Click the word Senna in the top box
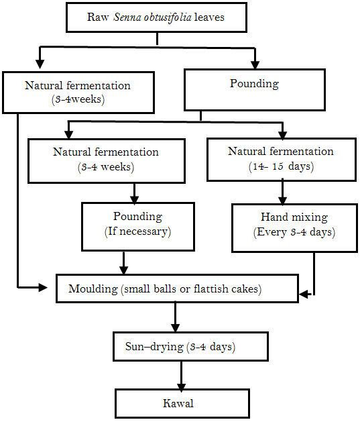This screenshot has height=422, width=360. (127, 17)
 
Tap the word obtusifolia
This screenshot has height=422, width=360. (168, 17)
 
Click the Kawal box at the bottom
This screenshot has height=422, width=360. (182, 403)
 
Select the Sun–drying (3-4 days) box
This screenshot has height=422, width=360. (190, 346)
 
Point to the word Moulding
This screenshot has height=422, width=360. (93, 289)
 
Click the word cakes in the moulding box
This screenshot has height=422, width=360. (243, 289)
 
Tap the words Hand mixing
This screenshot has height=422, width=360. (294, 217)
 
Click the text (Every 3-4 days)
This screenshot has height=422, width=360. (294, 232)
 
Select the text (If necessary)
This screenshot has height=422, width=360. (137, 231)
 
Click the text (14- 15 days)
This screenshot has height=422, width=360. (281, 166)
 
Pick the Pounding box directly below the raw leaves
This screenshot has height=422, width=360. (255, 90)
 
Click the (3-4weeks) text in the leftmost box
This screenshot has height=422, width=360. (78, 99)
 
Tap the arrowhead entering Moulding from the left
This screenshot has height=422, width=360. (43, 287)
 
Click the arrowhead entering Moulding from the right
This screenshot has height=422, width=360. (303, 294)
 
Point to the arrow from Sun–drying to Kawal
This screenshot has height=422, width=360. (181, 376)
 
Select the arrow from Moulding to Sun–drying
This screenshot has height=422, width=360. (175, 317)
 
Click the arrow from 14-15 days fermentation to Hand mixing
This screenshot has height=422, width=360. (282, 192)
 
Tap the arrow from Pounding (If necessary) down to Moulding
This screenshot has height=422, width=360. (123, 263)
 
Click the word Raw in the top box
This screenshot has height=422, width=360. (98, 17)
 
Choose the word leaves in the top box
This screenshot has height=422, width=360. (209, 17)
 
